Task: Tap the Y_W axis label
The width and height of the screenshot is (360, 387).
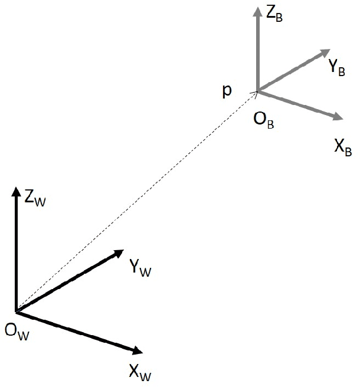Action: (x=140, y=269)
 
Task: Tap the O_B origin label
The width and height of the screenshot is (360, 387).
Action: (x=263, y=122)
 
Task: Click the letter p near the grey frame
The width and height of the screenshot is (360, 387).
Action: (x=227, y=91)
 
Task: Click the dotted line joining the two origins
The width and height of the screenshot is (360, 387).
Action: (x=136, y=201)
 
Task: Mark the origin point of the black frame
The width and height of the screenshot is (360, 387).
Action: (x=16, y=311)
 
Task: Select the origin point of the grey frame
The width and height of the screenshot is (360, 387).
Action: (x=257, y=91)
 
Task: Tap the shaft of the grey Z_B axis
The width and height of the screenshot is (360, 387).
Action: (x=257, y=53)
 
